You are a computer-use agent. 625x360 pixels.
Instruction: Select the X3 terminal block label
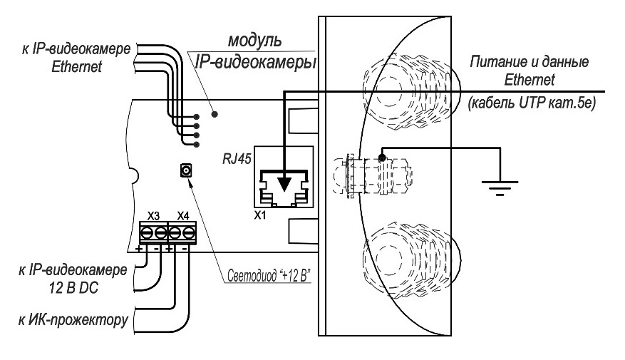pos(153,215)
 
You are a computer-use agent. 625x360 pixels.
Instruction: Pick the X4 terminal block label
pos(182,215)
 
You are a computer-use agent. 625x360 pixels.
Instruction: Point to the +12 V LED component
pos(187,170)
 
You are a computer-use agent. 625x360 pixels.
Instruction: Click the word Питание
pos(492,62)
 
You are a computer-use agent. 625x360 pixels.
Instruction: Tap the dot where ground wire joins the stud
pos(382,157)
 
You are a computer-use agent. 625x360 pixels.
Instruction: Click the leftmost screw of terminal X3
pos(146,232)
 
